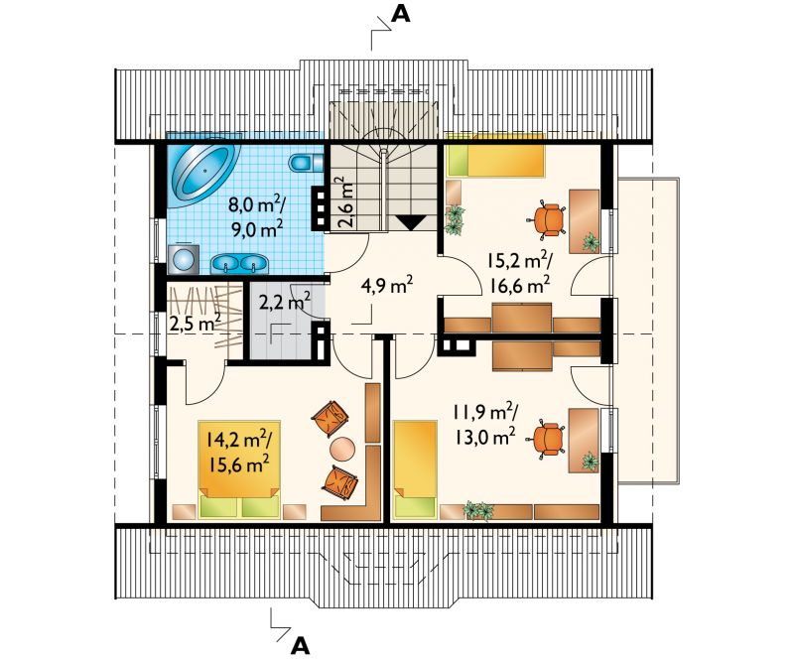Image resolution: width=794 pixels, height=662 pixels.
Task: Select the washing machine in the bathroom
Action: pos(184,259)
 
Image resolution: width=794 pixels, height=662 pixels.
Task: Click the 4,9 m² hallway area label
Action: pos(387,285)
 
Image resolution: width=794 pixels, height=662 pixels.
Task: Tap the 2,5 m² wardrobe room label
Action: pos(195,323)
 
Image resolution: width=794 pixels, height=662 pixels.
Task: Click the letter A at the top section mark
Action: pos(400,15)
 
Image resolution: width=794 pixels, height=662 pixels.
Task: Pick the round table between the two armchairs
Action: pos(342,449)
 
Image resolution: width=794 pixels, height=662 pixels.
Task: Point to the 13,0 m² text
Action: pos(484,435)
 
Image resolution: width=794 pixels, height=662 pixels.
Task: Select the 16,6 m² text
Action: pos(520,285)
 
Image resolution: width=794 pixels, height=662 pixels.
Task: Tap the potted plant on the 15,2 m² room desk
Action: pos(591,242)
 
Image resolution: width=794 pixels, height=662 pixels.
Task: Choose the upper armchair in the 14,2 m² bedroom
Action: pos(331,419)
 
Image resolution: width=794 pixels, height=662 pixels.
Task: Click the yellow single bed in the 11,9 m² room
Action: pos(415,469)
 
